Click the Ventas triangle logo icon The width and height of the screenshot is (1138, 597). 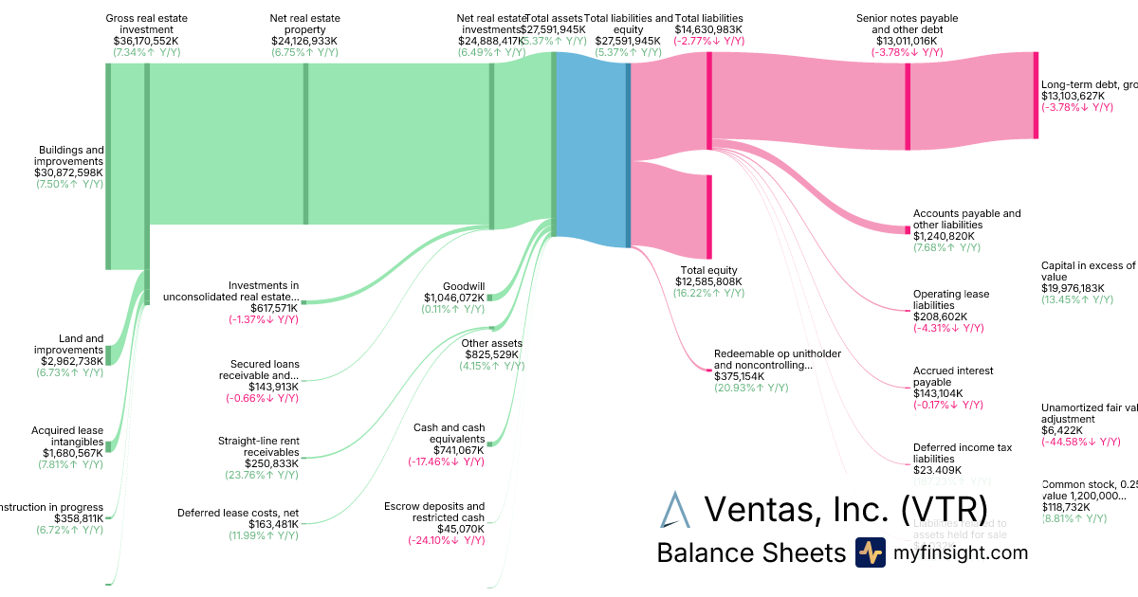675,509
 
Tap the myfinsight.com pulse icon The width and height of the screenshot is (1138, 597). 870,552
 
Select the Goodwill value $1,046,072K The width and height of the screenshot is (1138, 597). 454,298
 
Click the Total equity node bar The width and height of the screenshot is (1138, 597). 708,216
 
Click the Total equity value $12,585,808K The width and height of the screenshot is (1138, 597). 707,281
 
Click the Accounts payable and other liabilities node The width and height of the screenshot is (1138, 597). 907,230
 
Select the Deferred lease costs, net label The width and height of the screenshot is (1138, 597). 237,513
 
